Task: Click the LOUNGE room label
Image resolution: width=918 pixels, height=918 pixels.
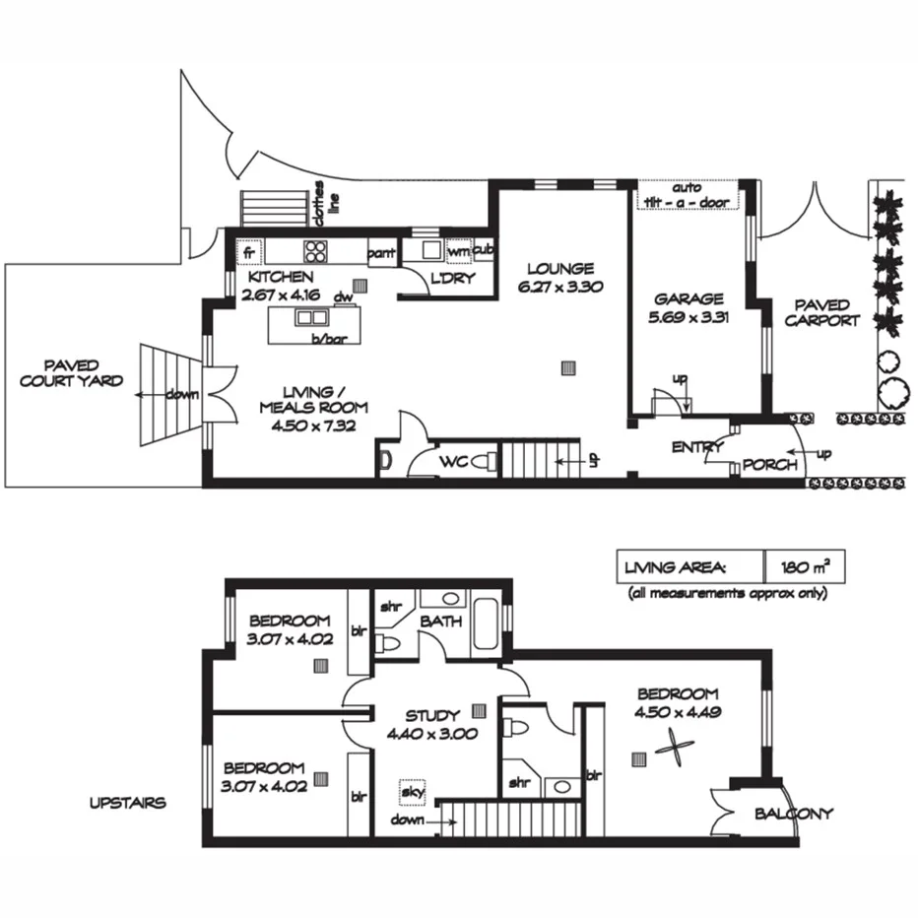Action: click(x=559, y=268)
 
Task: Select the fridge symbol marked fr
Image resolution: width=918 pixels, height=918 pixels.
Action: click(x=249, y=251)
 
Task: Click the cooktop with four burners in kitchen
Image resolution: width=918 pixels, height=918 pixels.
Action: click(x=316, y=250)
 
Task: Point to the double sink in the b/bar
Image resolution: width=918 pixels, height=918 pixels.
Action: click(x=312, y=317)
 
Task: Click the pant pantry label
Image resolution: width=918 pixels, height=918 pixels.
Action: click(x=381, y=254)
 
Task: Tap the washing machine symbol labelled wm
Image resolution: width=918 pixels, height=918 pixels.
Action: click(x=458, y=252)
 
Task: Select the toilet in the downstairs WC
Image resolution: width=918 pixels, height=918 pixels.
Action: click(x=484, y=461)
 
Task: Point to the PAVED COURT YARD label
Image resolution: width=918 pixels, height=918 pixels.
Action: click(x=72, y=372)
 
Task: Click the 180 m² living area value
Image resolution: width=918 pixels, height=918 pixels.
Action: click(x=804, y=567)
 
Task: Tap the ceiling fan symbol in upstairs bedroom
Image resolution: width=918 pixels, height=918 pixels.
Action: click(x=672, y=748)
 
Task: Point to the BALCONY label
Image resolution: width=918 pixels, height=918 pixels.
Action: click(x=793, y=814)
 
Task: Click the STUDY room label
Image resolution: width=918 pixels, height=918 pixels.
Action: click(x=432, y=716)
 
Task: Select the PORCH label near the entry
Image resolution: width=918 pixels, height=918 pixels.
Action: click(x=769, y=465)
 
